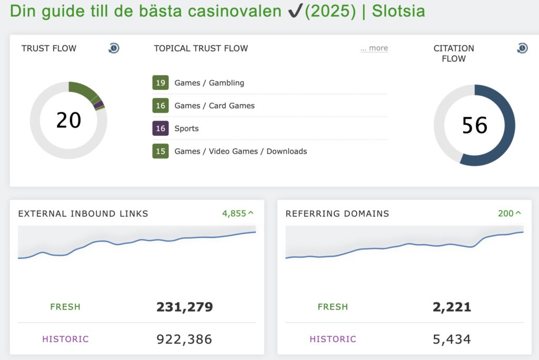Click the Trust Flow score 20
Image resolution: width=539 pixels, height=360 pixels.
[x=68, y=120]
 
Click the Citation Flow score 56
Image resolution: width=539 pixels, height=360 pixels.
[x=474, y=125]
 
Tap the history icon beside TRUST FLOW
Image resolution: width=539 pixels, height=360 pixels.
[x=114, y=48]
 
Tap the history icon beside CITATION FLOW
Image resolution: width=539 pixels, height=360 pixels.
[x=522, y=48]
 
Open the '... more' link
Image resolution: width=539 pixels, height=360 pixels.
[x=374, y=48]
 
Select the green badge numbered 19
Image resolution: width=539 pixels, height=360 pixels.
[x=161, y=83]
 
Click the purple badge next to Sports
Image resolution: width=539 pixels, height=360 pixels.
[x=161, y=128]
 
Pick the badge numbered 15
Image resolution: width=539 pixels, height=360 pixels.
[x=161, y=151]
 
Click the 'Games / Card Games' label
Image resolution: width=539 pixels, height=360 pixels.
[x=214, y=106]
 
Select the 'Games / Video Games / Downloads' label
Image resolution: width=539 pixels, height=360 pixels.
[x=241, y=151]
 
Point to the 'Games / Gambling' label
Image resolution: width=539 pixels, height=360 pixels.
[x=209, y=83]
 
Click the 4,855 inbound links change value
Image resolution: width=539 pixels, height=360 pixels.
[x=237, y=213]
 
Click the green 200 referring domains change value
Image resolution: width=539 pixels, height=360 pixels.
[x=509, y=213]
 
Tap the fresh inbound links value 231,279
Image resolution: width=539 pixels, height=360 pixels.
[x=184, y=307]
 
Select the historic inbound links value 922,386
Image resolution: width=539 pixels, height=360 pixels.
[x=184, y=339]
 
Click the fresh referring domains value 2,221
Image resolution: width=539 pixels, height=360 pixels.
[x=452, y=307]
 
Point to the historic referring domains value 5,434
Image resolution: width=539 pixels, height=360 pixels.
[x=452, y=339]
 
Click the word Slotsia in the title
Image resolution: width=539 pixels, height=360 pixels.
[x=398, y=12]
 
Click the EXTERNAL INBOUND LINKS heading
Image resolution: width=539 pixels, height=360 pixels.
[x=83, y=214]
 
